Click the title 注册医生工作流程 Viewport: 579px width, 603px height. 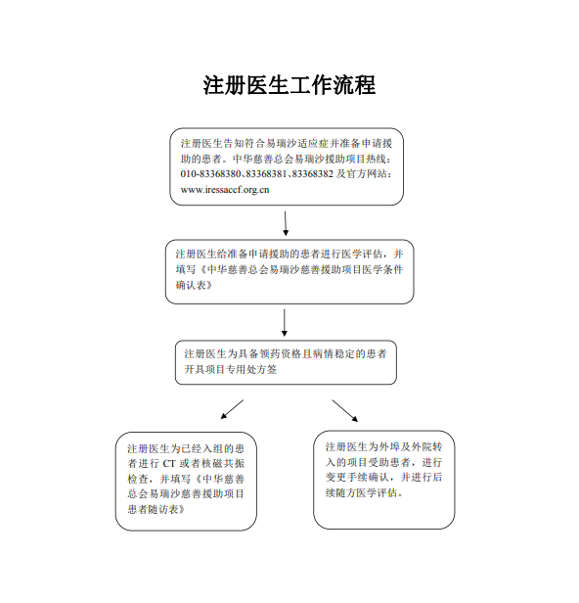tap(289, 84)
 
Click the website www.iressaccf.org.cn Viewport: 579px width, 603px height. tap(225, 190)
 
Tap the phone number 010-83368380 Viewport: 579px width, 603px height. tap(211, 174)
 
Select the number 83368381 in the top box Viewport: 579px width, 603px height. tap(266, 174)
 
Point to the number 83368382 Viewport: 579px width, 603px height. tap(313, 174)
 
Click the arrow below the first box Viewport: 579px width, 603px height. tap(286, 223)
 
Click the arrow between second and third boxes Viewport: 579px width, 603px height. tap(285, 322)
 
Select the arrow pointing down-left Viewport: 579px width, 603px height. tap(232, 409)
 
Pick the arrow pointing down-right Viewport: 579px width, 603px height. tap(345, 411)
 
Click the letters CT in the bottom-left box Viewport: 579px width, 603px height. tap(169, 464)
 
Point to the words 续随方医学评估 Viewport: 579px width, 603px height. tap(361, 492)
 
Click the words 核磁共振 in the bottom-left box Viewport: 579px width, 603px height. tap(223, 464)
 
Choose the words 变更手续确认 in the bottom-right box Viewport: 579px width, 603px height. tap(357, 478)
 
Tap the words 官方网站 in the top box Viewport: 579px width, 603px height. tap(367, 174)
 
